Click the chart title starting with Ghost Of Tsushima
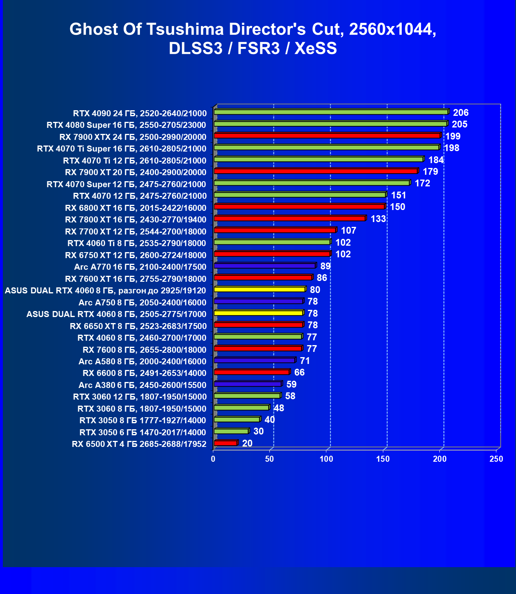coord(253,38)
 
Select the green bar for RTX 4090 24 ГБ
coord(331,112)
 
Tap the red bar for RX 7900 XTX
coord(327,135)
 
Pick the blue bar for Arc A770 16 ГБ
coord(265,266)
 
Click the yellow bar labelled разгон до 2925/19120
coord(259,289)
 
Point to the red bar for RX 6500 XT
coord(225,443)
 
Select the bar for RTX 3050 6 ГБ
coord(231,431)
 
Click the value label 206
coord(461,113)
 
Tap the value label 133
coord(378,219)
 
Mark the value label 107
coord(348,230)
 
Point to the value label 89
coord(325,266)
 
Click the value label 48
coord(279,408)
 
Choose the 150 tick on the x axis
coord(383,459)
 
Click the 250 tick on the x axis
coord(496,459)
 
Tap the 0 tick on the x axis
coord(213,459)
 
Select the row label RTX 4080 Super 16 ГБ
coord(126,125)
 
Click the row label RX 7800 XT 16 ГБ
coord(136,220)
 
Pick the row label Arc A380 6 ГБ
coord(142,385)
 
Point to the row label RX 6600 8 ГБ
coord(144,373)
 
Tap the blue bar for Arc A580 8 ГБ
coord(255,360)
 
